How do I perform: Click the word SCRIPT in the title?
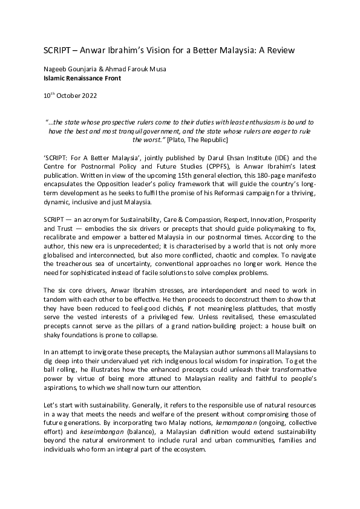click(57, 50)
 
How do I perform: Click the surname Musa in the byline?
click(156, 70)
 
